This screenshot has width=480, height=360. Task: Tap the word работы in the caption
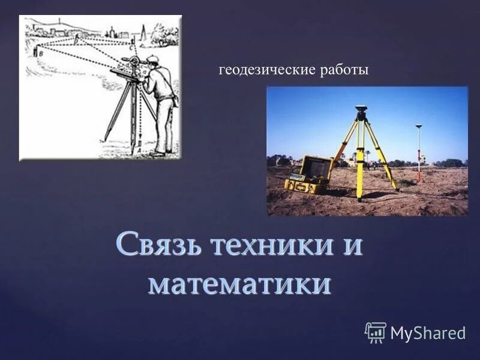(x=344, y=70)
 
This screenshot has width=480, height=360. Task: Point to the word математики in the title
(x=239, y=283)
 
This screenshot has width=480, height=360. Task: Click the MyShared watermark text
(x=428, y=332)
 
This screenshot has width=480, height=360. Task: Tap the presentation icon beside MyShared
(x=376, y=332)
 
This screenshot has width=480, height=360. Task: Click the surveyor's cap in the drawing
(x=152, y=59)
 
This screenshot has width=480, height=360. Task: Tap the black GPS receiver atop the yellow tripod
(x=361, y=111)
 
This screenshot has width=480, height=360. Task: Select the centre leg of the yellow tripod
(x=360, y=162)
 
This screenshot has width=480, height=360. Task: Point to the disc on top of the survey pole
(x=419, y=126)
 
